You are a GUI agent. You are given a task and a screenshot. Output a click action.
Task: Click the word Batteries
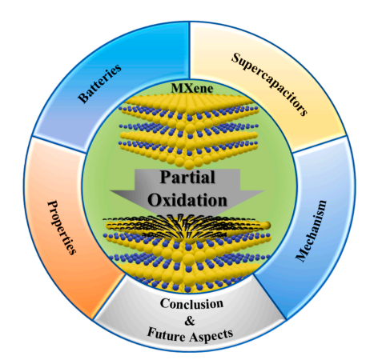[x=99, y=83]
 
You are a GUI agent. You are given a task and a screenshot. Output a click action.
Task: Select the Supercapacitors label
[x=269, y=84]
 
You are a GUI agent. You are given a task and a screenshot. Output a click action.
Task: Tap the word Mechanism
[x=312, y=230]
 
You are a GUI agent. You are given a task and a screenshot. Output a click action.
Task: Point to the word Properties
[x=62, y=227]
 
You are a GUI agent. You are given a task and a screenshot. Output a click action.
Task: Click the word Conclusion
[x=191, y=303]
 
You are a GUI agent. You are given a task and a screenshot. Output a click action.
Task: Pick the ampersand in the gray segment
[x=190, y=321]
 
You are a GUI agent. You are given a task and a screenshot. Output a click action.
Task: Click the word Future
[x=166, y=334]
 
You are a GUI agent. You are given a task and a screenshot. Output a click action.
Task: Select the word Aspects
[x=211, y=335]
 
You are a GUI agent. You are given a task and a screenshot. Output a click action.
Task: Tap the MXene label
[x=192, y=89]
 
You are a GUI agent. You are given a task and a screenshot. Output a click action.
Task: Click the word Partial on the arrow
[x=187, y=177]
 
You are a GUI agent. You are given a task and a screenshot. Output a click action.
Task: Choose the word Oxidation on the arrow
[x=187, y=200]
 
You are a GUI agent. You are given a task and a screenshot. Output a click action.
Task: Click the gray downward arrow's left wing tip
[x=110, y=191]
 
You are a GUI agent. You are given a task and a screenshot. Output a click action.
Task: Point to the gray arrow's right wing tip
[x=264, y=191]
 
